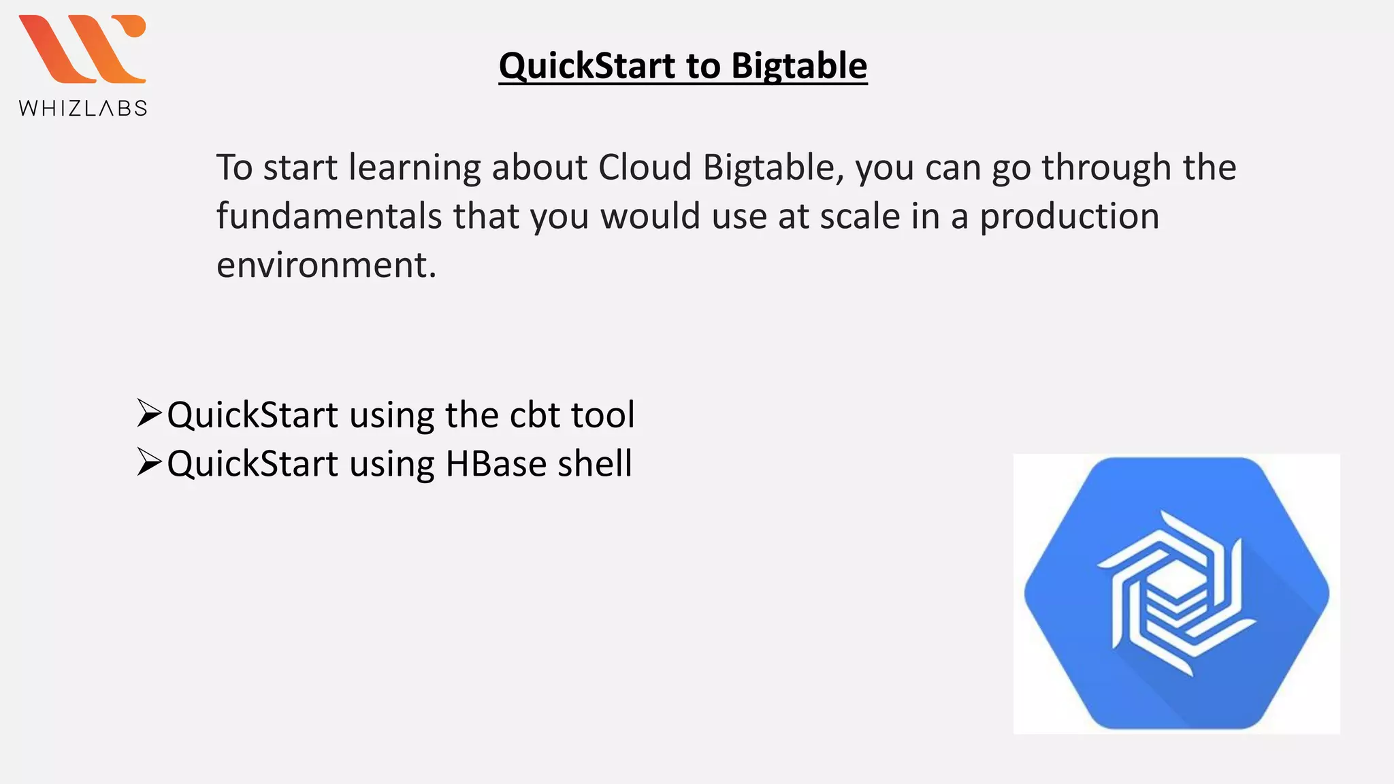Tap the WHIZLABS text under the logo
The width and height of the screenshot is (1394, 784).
83,108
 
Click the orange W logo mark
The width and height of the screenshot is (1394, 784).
82,49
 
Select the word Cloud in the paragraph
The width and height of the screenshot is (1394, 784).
645,167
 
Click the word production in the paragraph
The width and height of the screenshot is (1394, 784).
1069,216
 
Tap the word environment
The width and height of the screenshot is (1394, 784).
325,265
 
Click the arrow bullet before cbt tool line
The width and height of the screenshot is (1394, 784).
148,412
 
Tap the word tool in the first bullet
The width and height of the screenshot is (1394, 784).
602,414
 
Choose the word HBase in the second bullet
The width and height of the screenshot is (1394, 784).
496,463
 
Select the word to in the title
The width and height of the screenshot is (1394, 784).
703,66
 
